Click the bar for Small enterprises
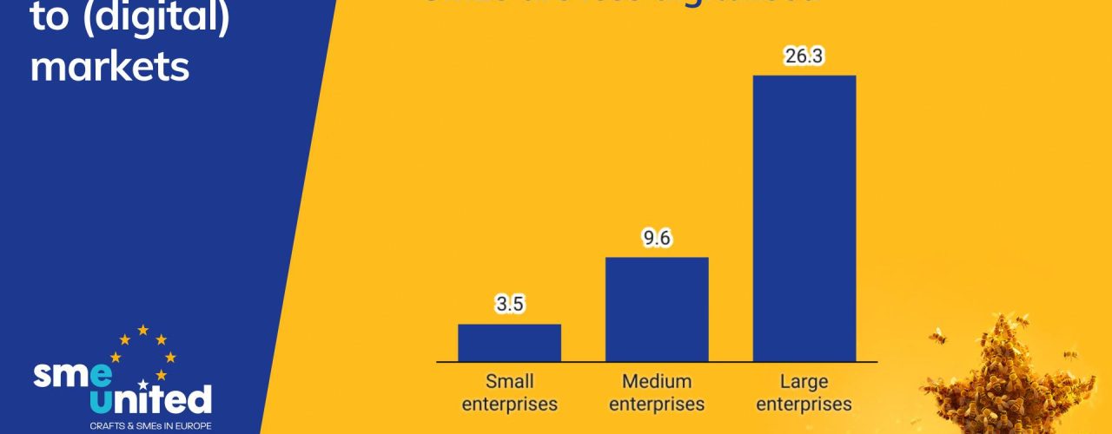tap(509, 342)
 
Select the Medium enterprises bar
tap(657, 309)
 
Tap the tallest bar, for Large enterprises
tap(804, 217)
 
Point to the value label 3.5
tap(510, 305)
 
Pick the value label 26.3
tap(804, 56)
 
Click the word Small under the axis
tap(510, 382)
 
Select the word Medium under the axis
tap(657, 382)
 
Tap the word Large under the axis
tap(804, 382)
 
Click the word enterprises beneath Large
tap(804, 404)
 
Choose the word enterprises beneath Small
tap(510, 404)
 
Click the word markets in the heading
tap(109, 66)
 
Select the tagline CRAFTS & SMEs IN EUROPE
tap(139, 426)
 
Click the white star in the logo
tap(143, 384)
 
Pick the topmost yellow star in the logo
tap(142, 330)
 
